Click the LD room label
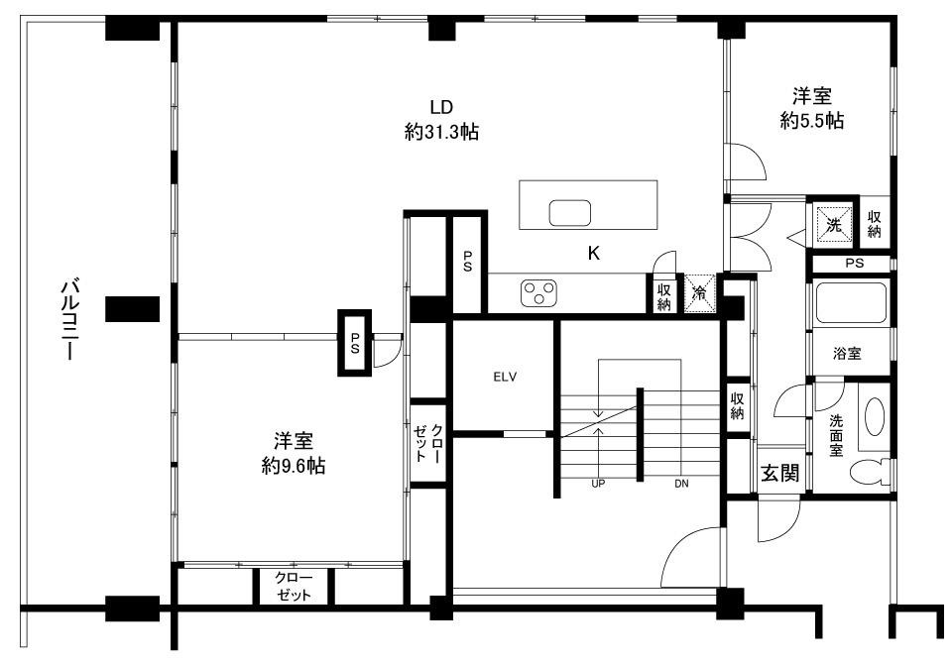pyautogui.click(x=441, y=107)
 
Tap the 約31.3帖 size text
pyautogui.click(x=441, y=131)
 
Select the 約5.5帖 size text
pyautogui.click(x=812, y=120)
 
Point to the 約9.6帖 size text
pyautogui.click(x=294, y=466)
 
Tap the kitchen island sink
pyautogui.click(x=570, y=213)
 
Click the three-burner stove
pyautogui.click(x=538, y=291)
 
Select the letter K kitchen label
pyautogui.click(x=594, y=253)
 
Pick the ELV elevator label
pyautogui.click(x=505, y=377)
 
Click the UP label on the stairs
pyautogui.click(x=599, y=484)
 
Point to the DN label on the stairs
pyautogui.click(x=681, y=484)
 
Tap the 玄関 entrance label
pyautogui.click(x=780, y=472)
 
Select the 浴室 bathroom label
pyautogui.click(x=847, y=353)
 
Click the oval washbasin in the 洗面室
pyautogui.click(x=875, y=416)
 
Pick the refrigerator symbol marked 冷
pyautogui.click(x=700, y=293)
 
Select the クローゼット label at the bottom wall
pyautogui.click(x=294, y=586)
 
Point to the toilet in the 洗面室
pyautogui.click(x=870, y=472)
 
